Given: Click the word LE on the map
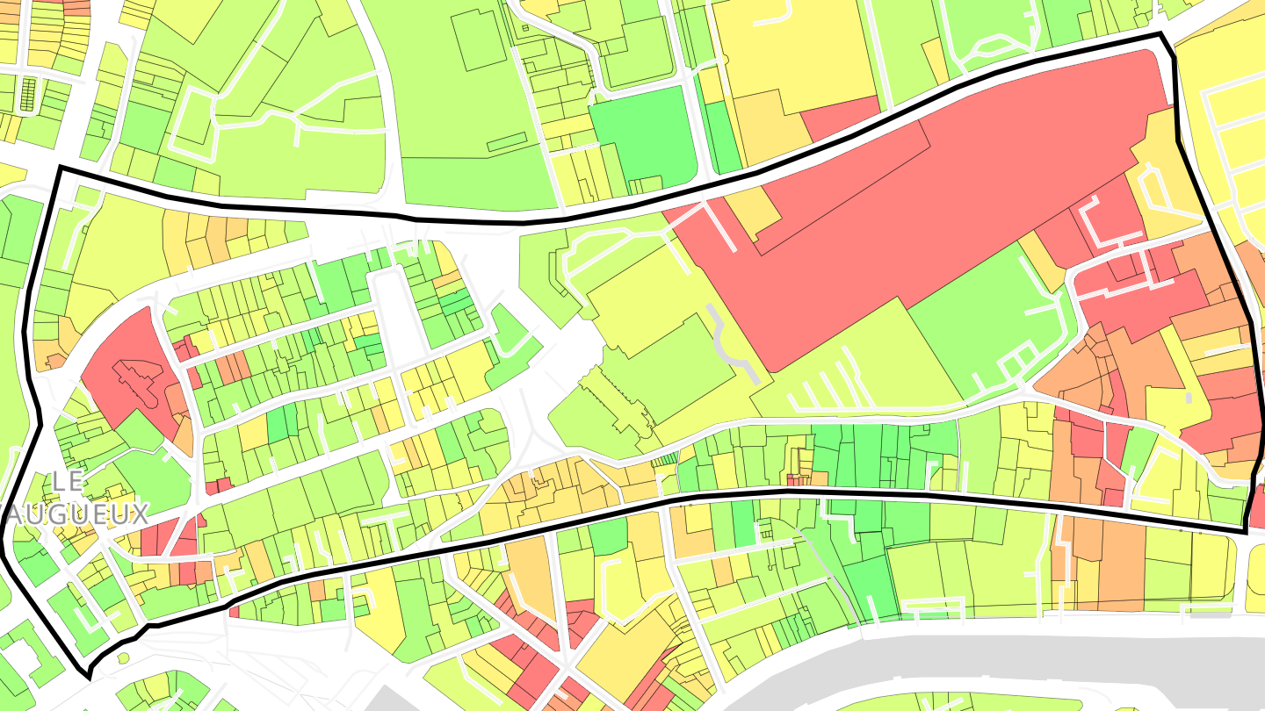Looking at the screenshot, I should coord(67,481).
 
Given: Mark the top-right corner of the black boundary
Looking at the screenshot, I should coord(1161,35).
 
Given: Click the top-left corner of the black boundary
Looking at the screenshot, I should coord(60,167).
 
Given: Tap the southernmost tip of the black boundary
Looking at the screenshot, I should coord(89,677).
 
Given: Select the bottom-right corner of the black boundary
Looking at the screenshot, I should coord(1246,531).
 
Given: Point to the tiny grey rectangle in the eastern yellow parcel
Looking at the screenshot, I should coord(1188,398).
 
